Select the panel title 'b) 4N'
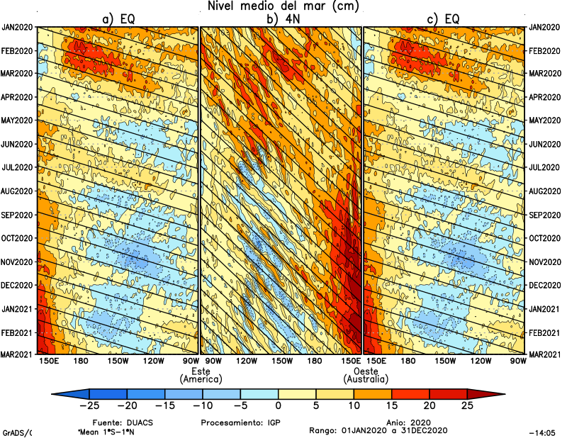click(281, 20)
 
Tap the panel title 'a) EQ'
click(118, 20)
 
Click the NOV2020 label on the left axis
click(17, 262)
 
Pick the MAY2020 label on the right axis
click(545, 120)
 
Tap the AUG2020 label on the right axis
click(545, 191)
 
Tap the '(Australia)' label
click(365, 381)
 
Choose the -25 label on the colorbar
click(89, 406)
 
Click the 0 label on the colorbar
click(279, 406)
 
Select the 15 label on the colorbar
click(391, 406)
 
